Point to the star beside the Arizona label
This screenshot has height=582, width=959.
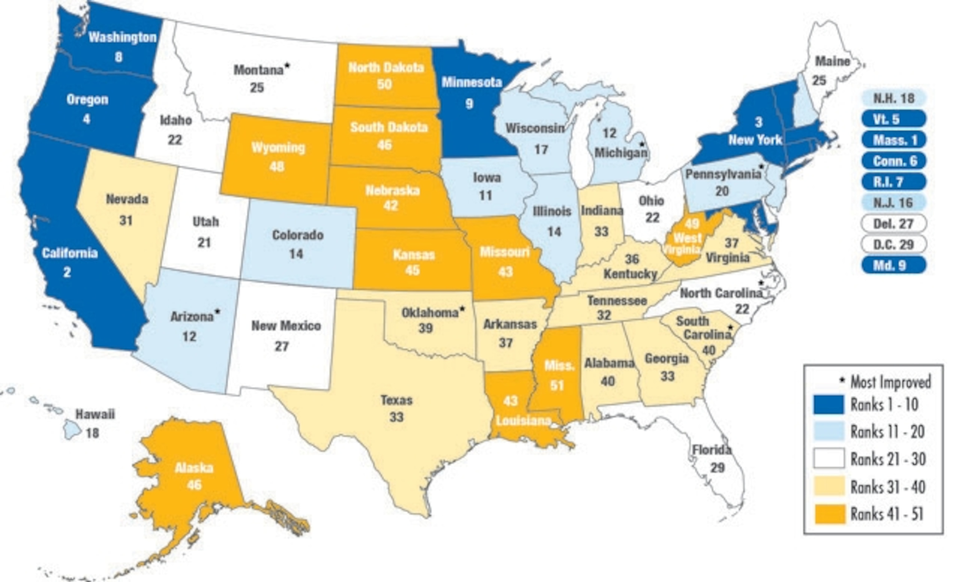(x=217, y=311)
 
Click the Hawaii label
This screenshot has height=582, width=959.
(x=95, y=414)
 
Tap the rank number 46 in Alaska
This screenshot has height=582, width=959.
(x=194, y=485)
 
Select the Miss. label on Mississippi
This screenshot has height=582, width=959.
(x=559, y=365)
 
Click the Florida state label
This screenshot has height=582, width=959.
(x=711, y=450)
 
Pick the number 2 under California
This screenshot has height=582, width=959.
(x=67, y=272)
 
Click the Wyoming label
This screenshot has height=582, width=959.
(x=278, y=148)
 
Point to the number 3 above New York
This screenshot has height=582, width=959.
(x=758, y=123)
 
